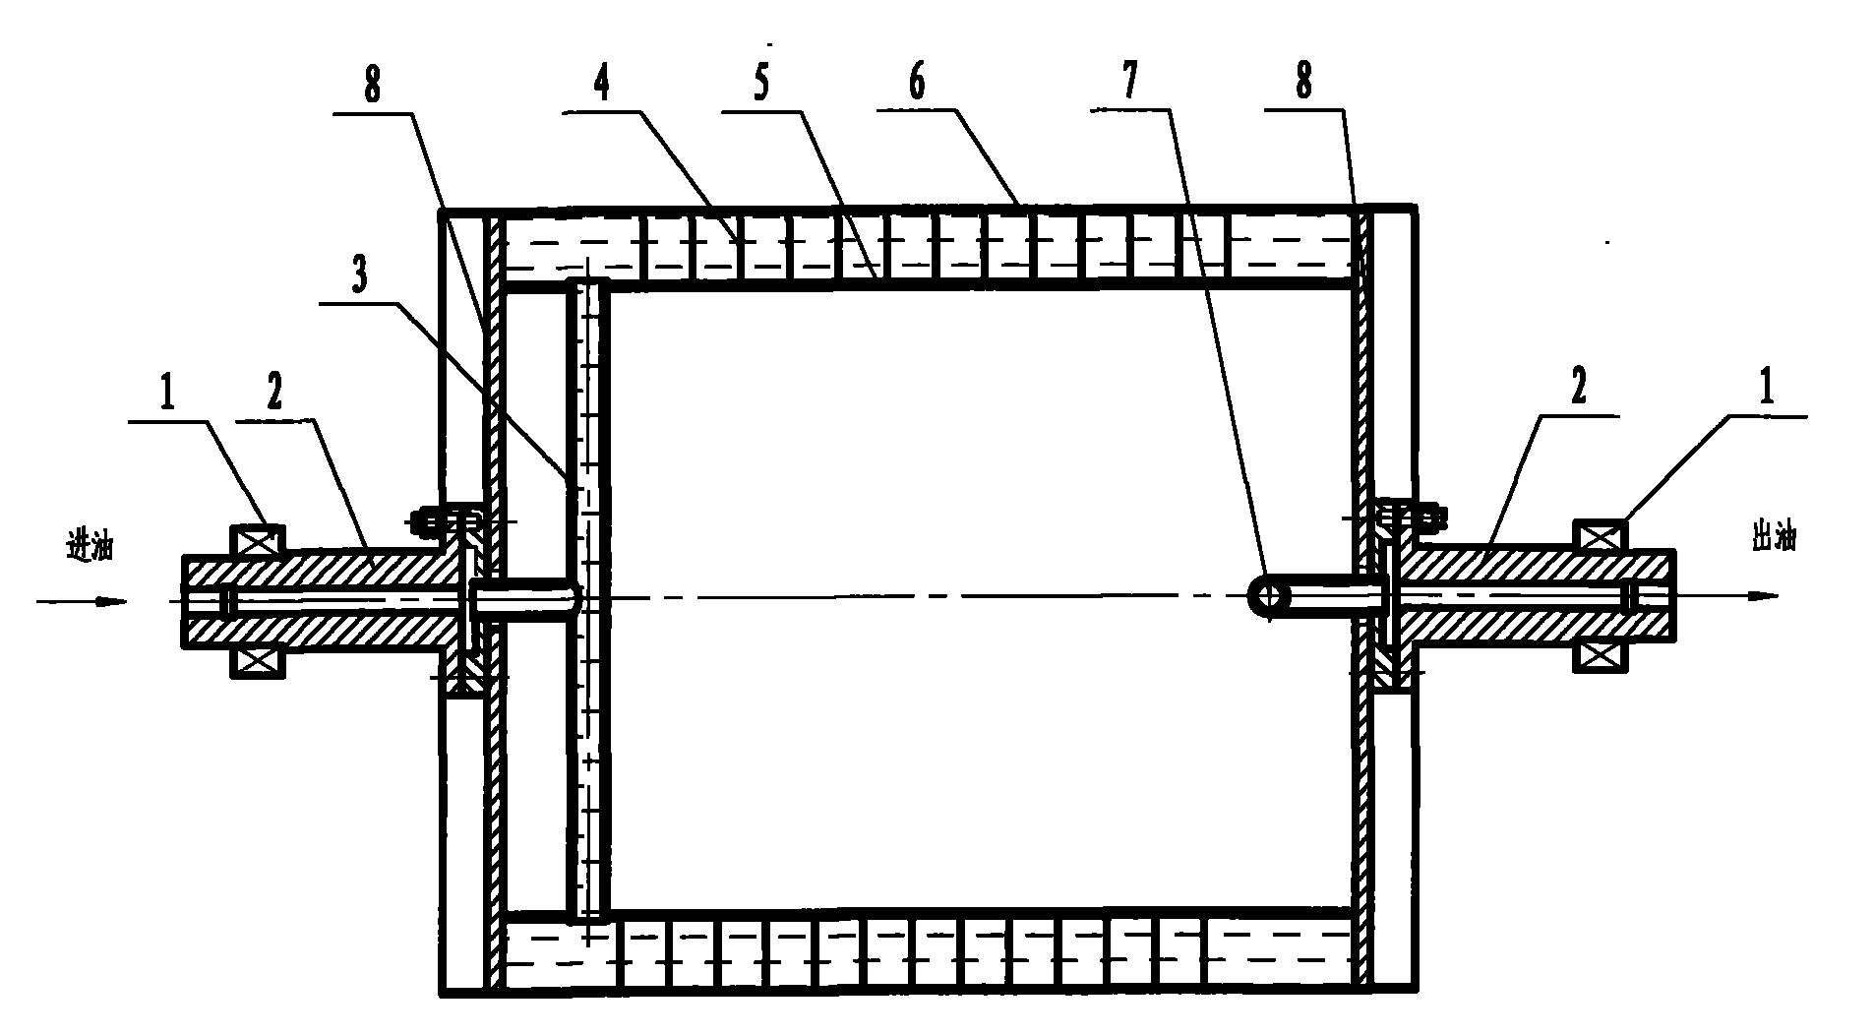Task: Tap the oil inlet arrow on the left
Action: [83, 600]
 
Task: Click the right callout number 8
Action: [1303, 83]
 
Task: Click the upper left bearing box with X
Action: [257, 541]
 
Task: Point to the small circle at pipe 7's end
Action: [1269, 595]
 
